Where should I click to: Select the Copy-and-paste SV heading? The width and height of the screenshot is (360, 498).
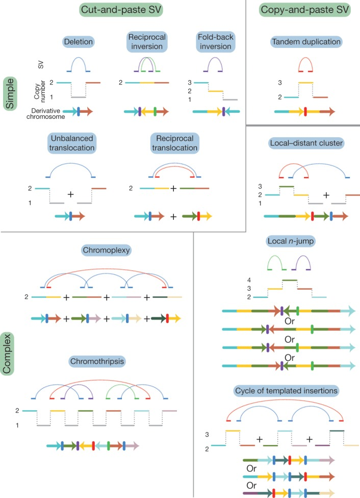[x=301, y=10]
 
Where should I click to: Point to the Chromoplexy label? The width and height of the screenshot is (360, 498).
[x=106, y=250]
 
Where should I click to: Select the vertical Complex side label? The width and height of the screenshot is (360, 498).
[x=10, y=353]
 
